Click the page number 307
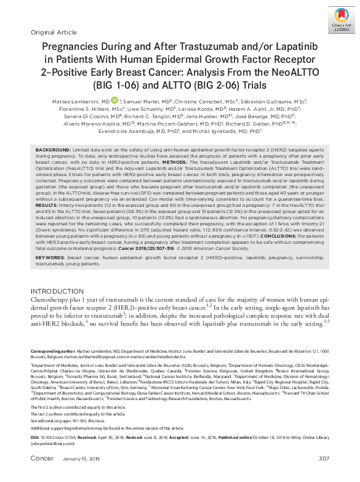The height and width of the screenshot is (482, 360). point(324,476)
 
